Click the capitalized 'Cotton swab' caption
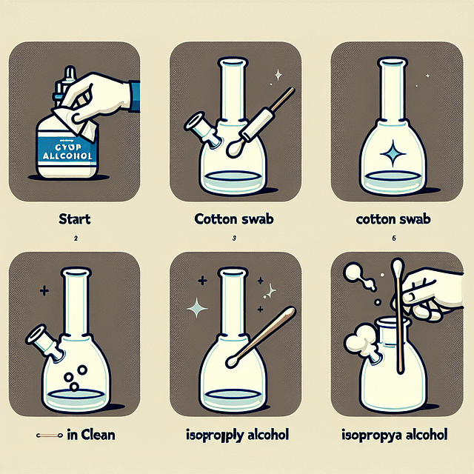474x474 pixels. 235,219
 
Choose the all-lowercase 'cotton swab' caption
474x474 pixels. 393,219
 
